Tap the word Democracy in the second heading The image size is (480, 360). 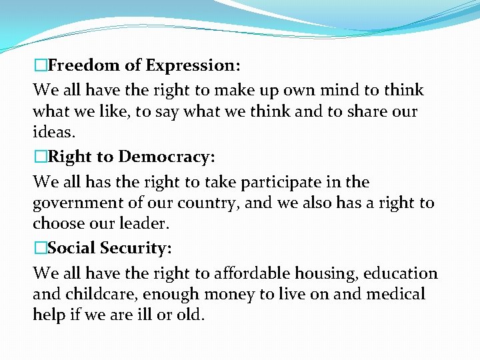pos(163,157)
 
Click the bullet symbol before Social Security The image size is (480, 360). pos(40,248)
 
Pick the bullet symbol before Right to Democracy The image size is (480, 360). pos(40,157)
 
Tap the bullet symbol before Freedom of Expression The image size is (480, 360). pos(40,65)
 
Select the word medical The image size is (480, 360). pos(394,294)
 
